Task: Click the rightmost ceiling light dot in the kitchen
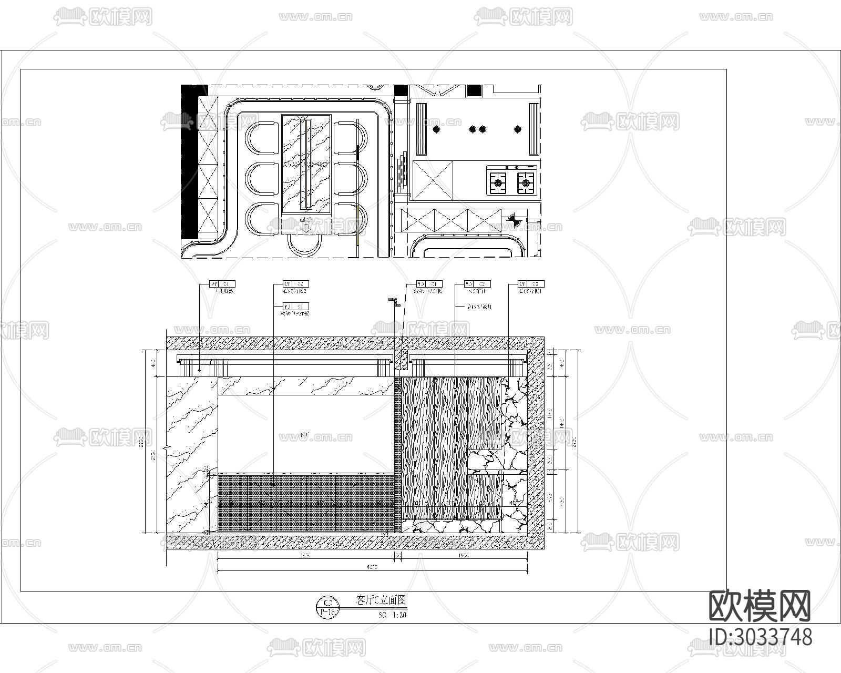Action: click(518, 129)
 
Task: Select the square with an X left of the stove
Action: click(432, 180)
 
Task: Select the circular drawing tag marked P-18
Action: click(328, 606)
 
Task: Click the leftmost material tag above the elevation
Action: click(222, 284)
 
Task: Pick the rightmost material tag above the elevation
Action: click(531, 284)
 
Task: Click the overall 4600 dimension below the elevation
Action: click(372, 567)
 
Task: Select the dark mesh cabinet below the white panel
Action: click(305, 502)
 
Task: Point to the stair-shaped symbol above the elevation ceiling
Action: click(395, 302)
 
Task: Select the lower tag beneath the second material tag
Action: click(295, 306)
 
